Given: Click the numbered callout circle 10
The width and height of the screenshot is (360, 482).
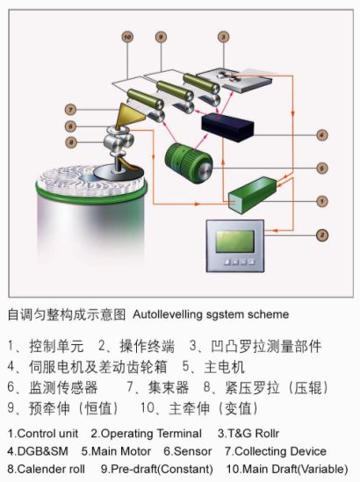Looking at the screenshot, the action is pyautogui.click(x=127, y=37).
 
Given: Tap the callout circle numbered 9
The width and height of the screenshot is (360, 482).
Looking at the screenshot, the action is pyautogui.click(x=161, y=37).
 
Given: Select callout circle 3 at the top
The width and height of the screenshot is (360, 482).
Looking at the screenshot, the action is pyautogui.click(x=223, y=37).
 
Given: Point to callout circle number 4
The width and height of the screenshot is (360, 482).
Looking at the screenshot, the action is pyautogui.click(x=322, y=135).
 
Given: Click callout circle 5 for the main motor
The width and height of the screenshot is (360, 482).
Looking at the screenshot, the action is pyautogui.click(x=322, y=169).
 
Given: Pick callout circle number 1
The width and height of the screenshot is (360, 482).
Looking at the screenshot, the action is pyautogui.click(x=322, y=201).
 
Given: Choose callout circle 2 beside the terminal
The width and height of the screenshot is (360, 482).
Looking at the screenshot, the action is pyautogui.click(x=322, y=235).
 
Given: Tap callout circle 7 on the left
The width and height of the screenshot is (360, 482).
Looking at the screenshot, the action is pyautogui.click(x=71, y=110).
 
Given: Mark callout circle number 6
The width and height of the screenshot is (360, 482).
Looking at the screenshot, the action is pyautogui.click(x=71, y=126).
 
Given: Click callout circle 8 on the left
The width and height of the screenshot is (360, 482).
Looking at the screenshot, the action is pyautogui.click(x=71, y=142).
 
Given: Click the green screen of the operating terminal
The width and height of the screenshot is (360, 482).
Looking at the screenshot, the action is pyautogui.click(x=234, y=241).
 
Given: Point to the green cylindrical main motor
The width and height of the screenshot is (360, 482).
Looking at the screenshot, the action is pyautogui.click(x=188, y=163).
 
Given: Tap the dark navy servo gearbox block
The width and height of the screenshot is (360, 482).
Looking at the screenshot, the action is pyautogui.click(x=227, y=126).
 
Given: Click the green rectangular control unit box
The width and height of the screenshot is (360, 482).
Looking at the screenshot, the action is pyautogui.click(x=252, y=194).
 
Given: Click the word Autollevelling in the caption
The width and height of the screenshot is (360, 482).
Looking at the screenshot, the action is pyautogui.click(x=168, y=314).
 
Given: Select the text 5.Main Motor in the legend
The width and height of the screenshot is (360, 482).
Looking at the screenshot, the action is pyautogui.click(x=116, y=451).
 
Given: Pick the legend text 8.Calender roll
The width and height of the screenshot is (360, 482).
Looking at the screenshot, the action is pyautogui.click(x=47, y=469).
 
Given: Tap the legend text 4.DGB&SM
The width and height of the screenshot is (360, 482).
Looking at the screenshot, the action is pyautogui.click(x=38, y=451).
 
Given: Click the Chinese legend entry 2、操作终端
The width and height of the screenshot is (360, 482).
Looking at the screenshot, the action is pyautogui.click(x=136, y=346).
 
